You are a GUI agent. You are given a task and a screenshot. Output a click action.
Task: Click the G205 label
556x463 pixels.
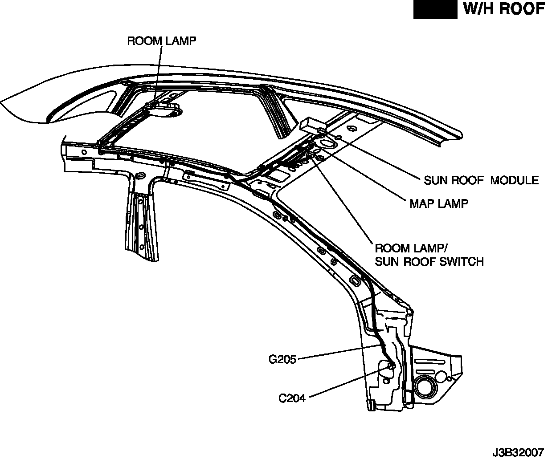pos(282,359)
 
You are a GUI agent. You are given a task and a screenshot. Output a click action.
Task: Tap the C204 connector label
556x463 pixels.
pos(292,398)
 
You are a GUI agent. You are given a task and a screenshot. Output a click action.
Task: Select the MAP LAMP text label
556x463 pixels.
pos(439,203)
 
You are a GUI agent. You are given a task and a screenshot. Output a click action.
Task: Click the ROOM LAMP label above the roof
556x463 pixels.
pos(162,41)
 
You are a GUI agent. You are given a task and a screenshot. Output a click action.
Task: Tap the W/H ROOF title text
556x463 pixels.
pos(504,9)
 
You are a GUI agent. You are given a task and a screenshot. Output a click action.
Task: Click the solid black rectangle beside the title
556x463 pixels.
pos(435,9)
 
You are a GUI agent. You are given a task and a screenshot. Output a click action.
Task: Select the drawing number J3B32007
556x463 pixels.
pos(518,453)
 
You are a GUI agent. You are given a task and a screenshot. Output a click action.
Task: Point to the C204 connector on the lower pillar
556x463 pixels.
pos(391,366)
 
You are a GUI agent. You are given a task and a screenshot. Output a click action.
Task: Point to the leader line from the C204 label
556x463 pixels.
pos(347,381)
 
